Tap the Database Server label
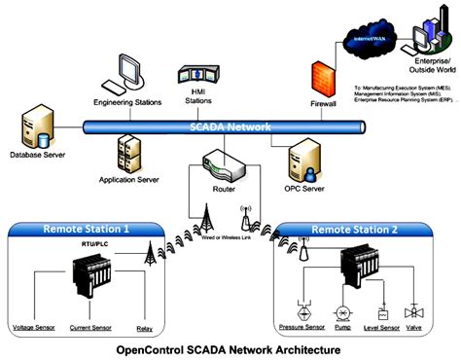pyautogui.click(x=37, y=153)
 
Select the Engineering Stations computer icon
pyautogui.click(x=126, y=70)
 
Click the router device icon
pyautogui.click(x=225, y=167)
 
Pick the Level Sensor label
pyautogui.click(x=381, y=328)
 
